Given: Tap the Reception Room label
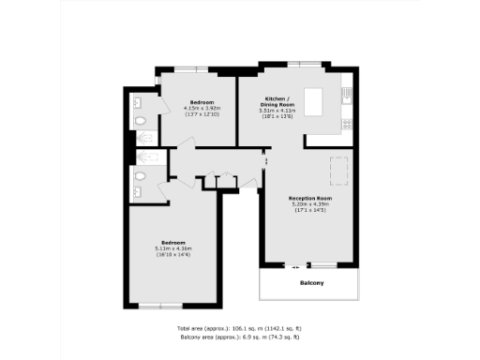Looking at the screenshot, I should [x=311, y=198].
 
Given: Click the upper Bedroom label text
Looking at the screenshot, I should [x=202, y=101].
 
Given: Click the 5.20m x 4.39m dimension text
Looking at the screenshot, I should [x=311, y=204].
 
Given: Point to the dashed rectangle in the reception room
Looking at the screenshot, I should [x=338, y=172].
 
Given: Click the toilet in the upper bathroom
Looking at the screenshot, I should [x=141, y=121].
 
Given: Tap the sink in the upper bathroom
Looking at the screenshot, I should [x=138, y=102].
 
